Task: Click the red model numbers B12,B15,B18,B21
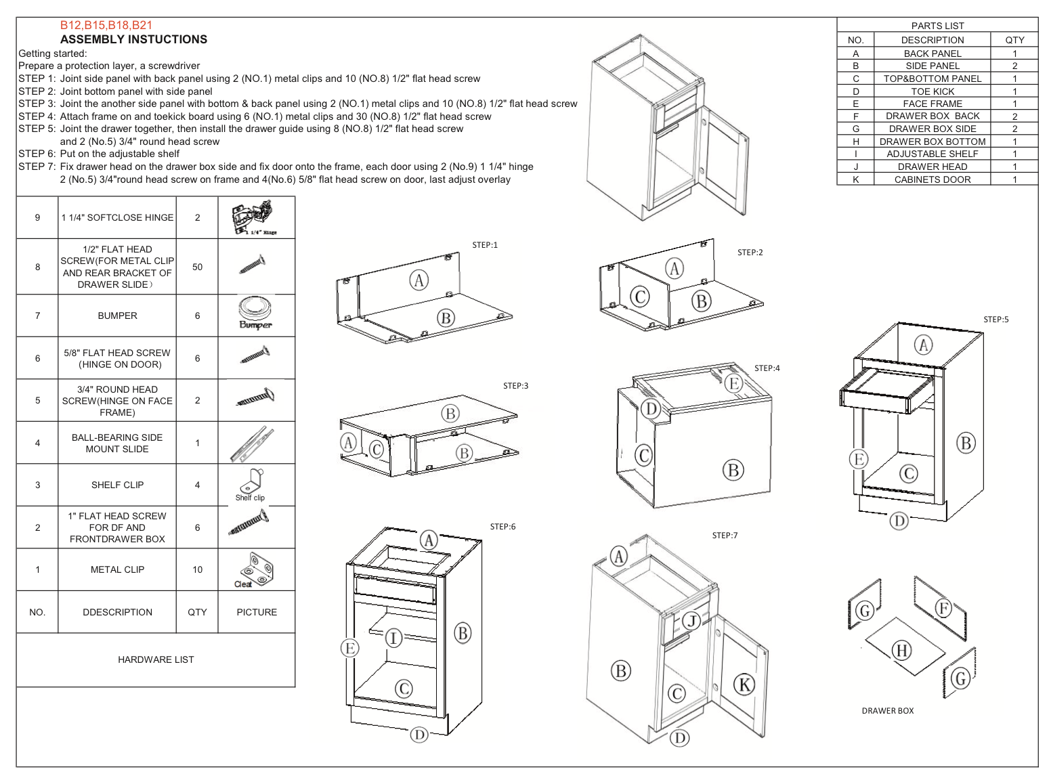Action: (x=106, y=25)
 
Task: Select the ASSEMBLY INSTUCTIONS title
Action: (x=133, y=39)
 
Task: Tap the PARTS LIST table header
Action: (x=937, y=26)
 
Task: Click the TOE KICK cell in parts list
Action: (x=932, y=91)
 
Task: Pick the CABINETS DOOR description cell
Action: (x=932, y=179)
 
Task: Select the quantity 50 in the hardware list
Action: (x=197, y=267)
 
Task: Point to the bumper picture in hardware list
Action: (x=255, y=313)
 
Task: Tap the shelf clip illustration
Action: (x=251, y=483)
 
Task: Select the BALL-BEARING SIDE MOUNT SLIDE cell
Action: (x=117, y=443)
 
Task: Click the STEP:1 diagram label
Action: (x=485, y=245)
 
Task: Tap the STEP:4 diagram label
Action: (x=767, y=368)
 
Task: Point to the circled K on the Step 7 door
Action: (x=744, y=685)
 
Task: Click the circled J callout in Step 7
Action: (x=691, y=621)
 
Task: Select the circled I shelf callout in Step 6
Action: (x=393, y=638)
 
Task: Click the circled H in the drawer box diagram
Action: (x=901, y=651)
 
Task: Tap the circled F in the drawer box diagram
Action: (x=943, y=608)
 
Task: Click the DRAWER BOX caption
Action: (x=887, y=711)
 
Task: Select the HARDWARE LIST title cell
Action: (x=156, y=659)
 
